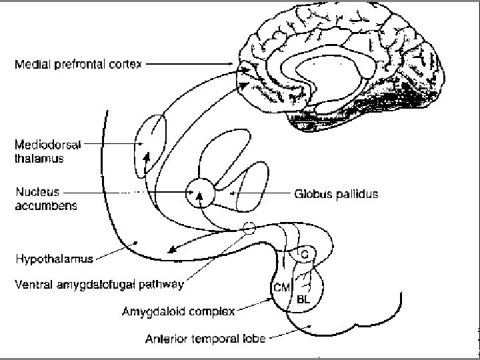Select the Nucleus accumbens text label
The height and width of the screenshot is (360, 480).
[x=45, y=199]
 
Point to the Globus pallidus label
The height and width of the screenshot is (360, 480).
[x=336, y=195]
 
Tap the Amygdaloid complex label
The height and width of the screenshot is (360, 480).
[x=178, y=311]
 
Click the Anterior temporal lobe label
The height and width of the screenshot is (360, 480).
[x=205, y=338]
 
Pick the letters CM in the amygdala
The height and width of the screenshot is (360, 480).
[x=281, y=287]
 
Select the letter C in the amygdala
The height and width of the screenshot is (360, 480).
[x=304, y=255]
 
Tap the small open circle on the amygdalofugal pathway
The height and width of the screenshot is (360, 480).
[x=249, y=228]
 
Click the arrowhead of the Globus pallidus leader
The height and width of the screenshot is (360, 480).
[x=233, y=194]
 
